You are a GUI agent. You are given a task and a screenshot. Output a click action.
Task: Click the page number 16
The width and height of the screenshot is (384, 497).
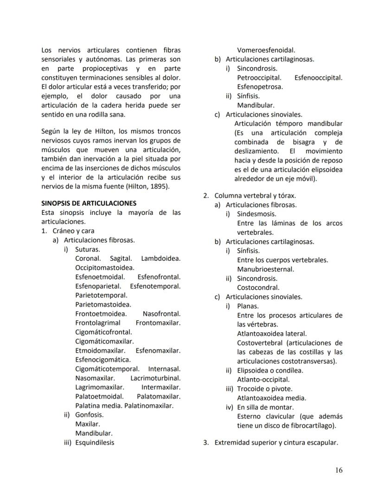coord(339,470)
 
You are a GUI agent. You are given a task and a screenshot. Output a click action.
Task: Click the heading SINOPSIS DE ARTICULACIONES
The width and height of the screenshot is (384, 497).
coord(89,203)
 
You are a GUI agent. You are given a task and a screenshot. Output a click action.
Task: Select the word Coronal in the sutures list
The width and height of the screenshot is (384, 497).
coord(88,258)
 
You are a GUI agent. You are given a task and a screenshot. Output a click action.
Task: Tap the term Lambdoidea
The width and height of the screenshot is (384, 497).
coord(161,258)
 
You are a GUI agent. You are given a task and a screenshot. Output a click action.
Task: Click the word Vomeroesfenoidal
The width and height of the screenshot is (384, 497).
coord(266,50)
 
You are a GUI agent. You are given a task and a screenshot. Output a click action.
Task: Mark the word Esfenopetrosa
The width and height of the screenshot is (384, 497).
coord(260,86)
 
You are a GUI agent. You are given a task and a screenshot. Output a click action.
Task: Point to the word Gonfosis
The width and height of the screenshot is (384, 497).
coord(90,414)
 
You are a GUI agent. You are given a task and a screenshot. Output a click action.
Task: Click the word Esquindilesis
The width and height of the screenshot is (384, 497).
coord(95,442)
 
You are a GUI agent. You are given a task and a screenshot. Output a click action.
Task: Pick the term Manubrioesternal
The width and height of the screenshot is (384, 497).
coord(266,269)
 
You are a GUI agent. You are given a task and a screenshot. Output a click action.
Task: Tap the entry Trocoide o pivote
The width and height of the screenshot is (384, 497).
coord(265,388)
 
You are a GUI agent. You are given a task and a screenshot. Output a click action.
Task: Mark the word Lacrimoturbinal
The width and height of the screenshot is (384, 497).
coord(155,378)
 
